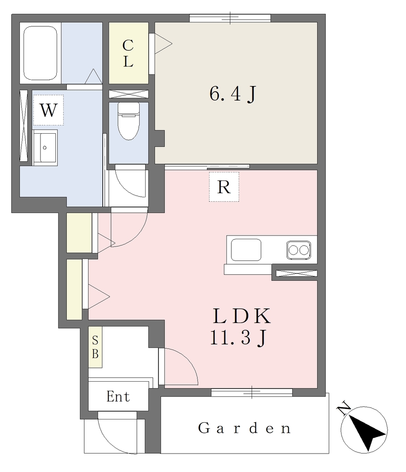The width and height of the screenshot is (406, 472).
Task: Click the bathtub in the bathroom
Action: tap(41, 53)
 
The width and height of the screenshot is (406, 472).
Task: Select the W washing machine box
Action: tap(48, 110)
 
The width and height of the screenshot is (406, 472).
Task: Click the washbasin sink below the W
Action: tap(45, 147)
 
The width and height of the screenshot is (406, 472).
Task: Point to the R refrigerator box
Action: tap(224, 187)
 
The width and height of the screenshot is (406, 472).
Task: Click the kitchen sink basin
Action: tap(246, 249)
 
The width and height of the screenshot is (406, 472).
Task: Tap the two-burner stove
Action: tap(299, 250)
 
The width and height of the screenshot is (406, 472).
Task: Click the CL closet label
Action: tap(128, 53)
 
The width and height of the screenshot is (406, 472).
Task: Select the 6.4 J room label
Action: tap(233, 94)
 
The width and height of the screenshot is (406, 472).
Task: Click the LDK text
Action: tap(241, 316)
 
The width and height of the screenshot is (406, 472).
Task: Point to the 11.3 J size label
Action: tap(238, 338)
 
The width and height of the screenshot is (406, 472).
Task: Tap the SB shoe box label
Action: tap(95, 347)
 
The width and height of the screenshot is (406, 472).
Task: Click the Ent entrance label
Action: tap(118, 397)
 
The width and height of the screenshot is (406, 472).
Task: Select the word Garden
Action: tap(244, 428)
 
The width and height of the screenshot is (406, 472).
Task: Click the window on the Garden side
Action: tap(252, 393)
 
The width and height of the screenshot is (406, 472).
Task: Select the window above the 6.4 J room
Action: tap(230, 18)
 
